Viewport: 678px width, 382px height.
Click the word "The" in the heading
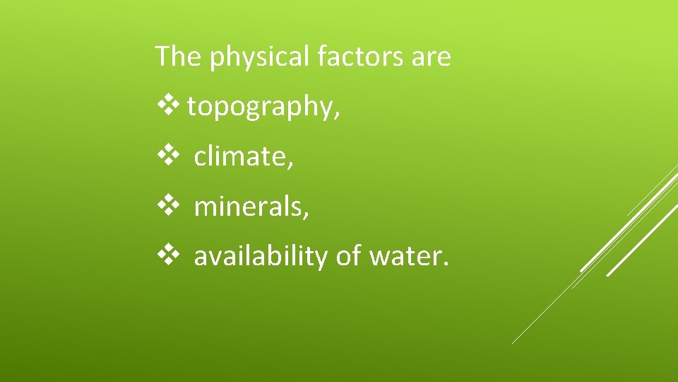coord(178,56)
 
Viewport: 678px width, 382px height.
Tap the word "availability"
coord(261,257)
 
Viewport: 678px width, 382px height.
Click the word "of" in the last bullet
coord(348,255)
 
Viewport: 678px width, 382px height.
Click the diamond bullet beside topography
coord(170,106)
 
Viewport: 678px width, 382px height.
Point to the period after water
coord(445,264)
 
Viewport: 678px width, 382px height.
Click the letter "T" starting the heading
coord(162,56)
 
